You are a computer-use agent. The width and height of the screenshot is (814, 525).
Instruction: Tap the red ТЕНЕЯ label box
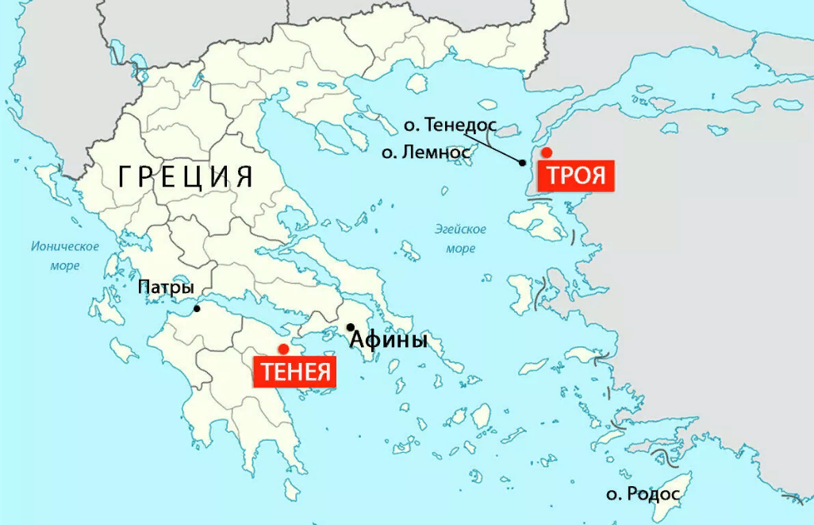tap(294, 371)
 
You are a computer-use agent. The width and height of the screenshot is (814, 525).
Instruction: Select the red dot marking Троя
tap(546, 152)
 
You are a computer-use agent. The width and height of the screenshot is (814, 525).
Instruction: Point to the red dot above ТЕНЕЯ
tap(283, 349)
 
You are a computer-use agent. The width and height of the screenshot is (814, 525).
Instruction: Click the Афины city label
tap(389, 341)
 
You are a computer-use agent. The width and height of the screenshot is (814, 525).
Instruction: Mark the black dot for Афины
tap(351, 327)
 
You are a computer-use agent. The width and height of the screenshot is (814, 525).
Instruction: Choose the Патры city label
tap(166, 288)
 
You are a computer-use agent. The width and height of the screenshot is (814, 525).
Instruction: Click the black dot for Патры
tap(198, 308)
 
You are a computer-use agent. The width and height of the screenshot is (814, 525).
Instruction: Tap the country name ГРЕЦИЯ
tap(186, 176)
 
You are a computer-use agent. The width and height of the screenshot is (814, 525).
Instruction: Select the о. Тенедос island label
tap(450, 125)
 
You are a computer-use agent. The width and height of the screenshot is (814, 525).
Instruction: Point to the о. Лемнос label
tap(426, 152)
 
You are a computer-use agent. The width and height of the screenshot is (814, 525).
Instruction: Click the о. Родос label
tap(643, 494)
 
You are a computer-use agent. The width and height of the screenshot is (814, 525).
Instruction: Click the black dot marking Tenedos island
tap(522, 163)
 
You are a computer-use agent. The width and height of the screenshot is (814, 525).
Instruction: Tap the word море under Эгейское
tap(460, 249)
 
